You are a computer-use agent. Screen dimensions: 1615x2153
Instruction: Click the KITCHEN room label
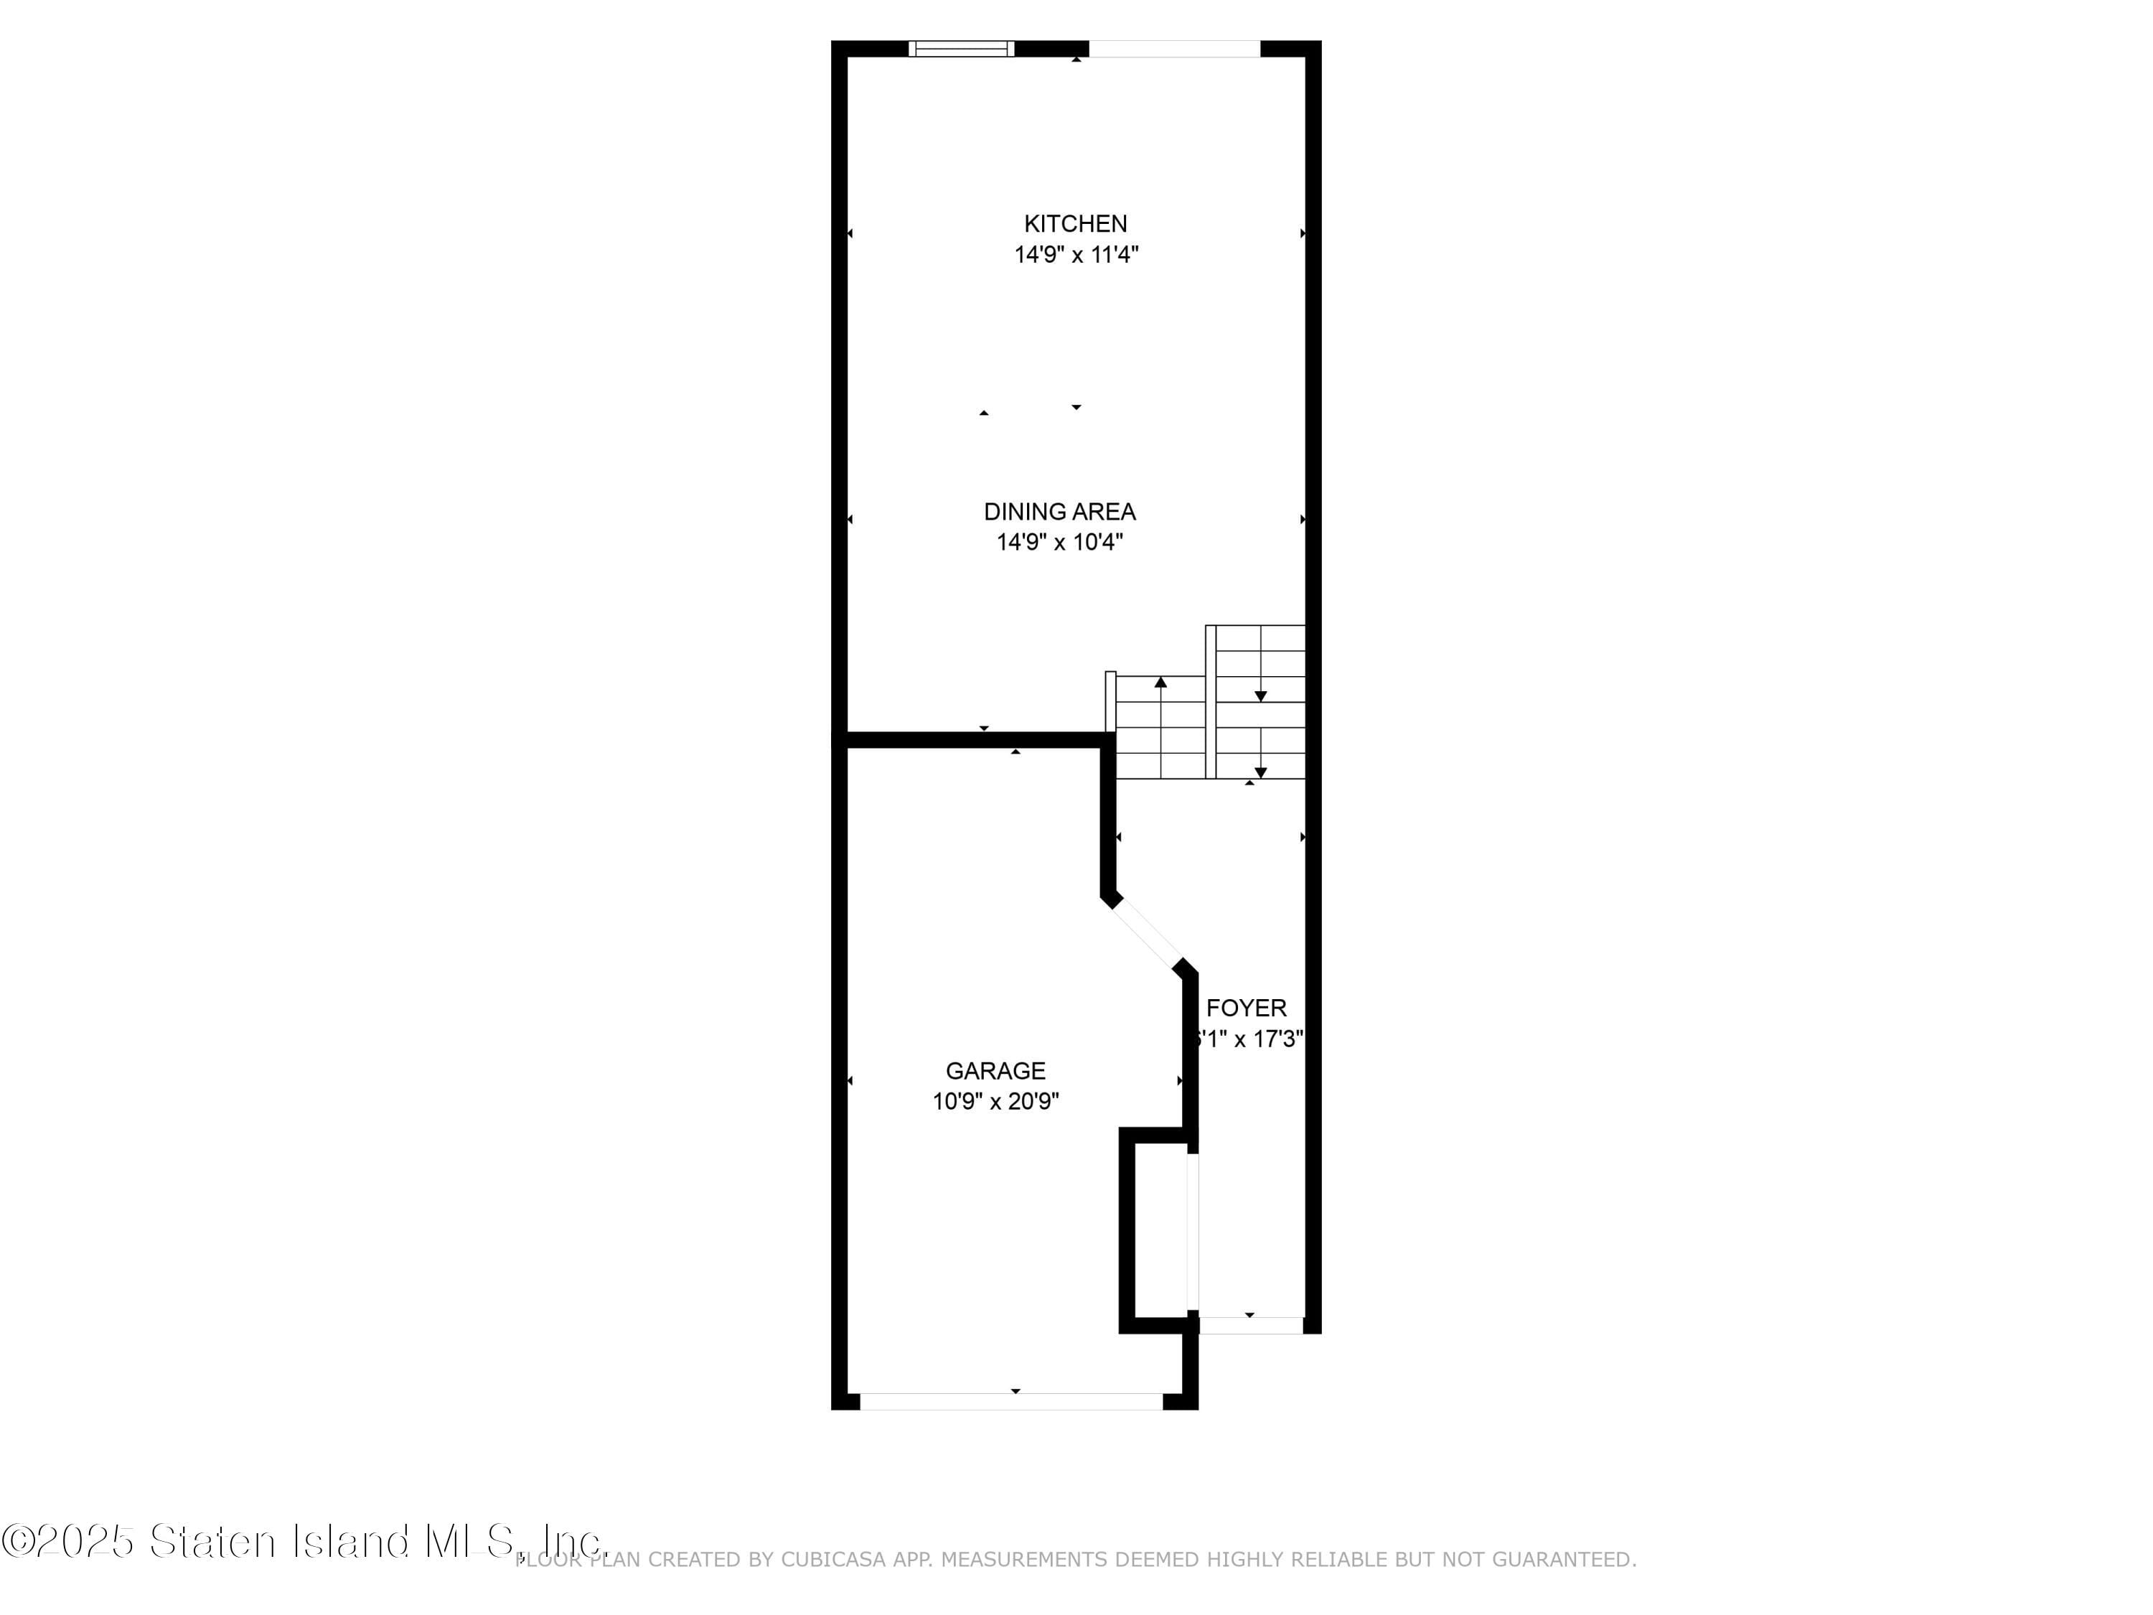click(x=1076, y=224)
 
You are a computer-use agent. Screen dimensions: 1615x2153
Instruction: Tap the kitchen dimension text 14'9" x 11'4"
click(x=1076, y=255)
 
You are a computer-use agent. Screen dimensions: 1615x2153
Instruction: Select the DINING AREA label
click(x=1059, y=512)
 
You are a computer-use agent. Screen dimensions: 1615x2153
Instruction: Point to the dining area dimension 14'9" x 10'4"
click(x=1059, y=542)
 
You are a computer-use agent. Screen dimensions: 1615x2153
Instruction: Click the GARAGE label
click(x=995, y=1071)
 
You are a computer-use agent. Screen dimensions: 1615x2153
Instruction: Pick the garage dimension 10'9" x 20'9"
click(x=995, y=1102)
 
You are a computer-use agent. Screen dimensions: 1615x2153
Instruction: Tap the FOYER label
click(x=1246, y=1008)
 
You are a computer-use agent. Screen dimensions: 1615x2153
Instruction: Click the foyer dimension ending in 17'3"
click(x=1249, y=1039)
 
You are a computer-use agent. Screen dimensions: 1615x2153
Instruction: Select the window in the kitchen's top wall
click(x=961, y=49)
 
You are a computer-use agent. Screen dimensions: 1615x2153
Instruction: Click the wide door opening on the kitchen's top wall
click(x=1174, y=49)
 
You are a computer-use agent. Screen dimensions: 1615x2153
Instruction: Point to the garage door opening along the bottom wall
click(x=1011, y=1401)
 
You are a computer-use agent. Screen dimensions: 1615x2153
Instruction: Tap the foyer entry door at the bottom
click(x=1251, y=1325)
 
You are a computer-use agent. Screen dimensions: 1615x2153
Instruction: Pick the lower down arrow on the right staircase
click(x=1260, y=771)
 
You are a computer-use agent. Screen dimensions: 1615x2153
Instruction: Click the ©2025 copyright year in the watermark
click(x=68, y=1541)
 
